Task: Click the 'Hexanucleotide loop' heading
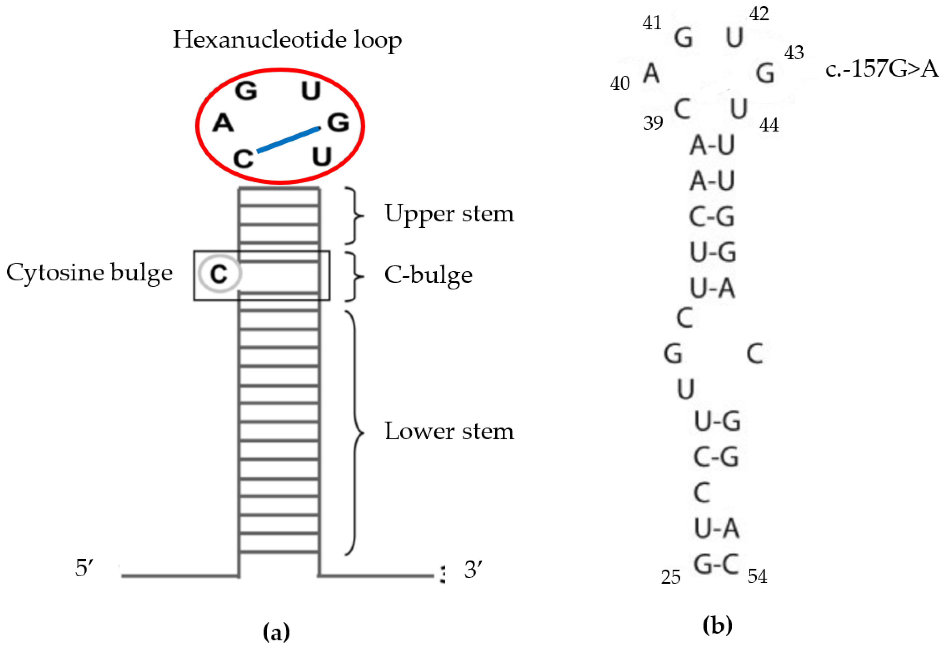[287, 40]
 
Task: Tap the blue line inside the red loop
[288, 140]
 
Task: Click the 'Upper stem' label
[449, 214]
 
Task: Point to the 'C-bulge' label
[428, 275]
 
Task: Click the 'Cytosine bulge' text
[89, 273]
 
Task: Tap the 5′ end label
[84, 568]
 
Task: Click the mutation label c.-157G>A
[882, 69]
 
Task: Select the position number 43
[794, 53]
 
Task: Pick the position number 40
[619, 84]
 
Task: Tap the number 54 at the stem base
[757, 576]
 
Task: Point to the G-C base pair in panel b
[716, 564]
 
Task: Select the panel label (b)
[717, 625]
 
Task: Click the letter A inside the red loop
[223, 123]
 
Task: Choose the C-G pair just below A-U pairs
[712, 217]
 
